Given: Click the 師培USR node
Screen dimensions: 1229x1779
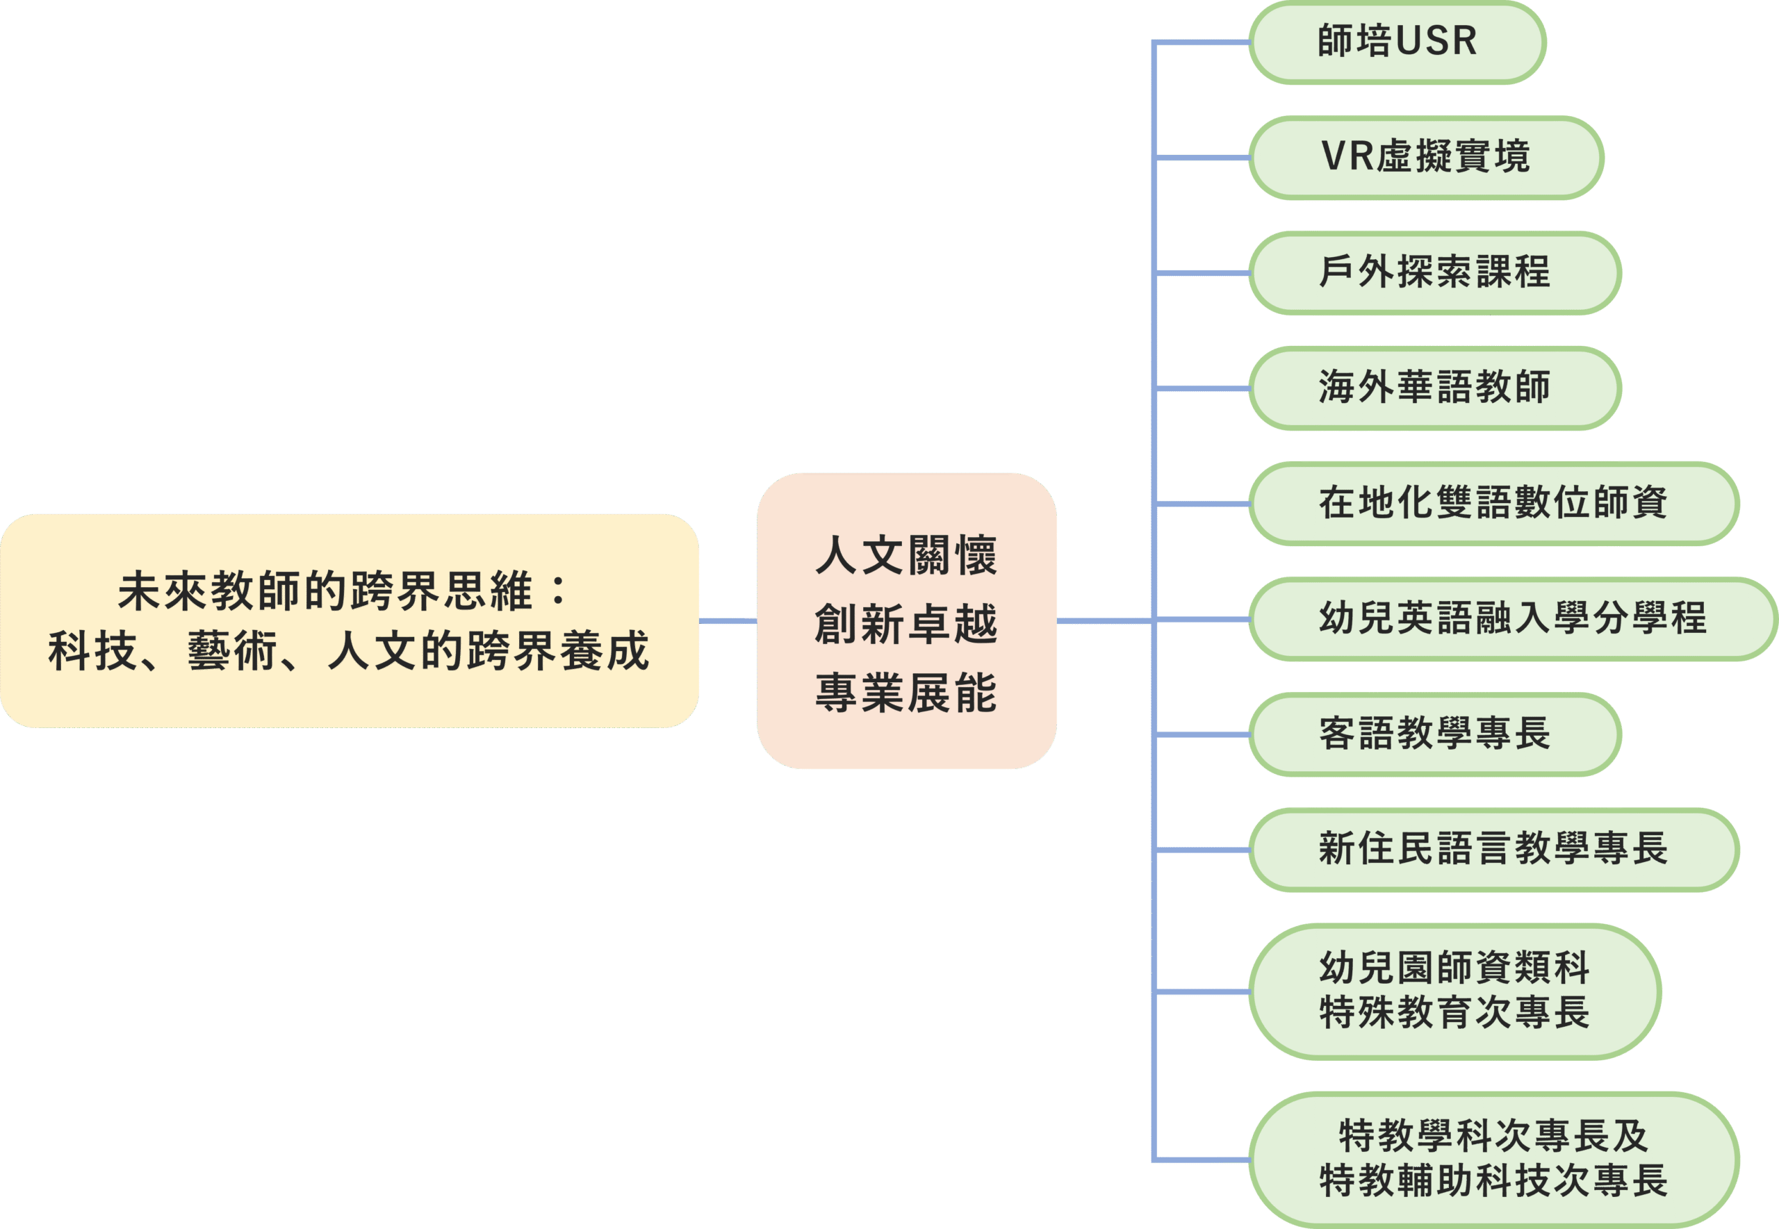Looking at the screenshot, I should [x=1397, y=42].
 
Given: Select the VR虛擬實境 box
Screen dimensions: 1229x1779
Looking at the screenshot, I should [x=1425, y=158].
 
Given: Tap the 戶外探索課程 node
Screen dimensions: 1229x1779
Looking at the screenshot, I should [x=1434, y=273].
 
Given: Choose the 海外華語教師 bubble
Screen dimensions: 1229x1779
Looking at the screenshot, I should [x=1434, y=388].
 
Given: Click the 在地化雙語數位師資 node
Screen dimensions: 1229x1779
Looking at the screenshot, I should [x=1493, y=504].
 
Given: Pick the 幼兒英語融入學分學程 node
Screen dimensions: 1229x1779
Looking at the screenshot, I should [x=1513, y=619].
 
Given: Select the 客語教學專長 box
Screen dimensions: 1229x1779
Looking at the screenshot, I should [x=1434, y=734].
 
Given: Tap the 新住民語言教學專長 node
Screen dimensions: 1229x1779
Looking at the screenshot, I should [x=1493, y=850].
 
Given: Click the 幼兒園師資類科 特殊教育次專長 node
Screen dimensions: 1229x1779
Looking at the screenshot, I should [x=1454, y=991].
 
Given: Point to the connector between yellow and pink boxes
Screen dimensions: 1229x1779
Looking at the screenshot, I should [x=728, y=620].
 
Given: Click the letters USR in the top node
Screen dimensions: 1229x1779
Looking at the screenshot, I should [x=1436, y=42].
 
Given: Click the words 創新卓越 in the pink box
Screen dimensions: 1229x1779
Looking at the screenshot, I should [x=905, y=624].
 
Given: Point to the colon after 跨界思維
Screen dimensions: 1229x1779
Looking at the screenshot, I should [x=559, y=591].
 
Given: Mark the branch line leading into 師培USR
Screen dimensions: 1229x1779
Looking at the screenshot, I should [x=1202, y=43].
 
